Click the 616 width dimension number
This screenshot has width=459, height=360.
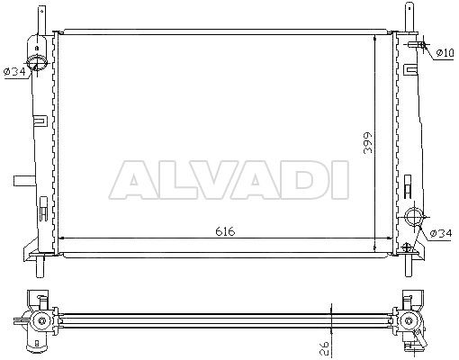[225, 231]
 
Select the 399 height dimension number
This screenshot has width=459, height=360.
[368, 142]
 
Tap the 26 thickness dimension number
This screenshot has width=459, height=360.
[325, 348]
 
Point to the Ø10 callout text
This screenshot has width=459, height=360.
[445, 53]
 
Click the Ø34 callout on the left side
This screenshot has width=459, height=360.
[14, 71]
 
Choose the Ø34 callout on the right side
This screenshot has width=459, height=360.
[440, 233]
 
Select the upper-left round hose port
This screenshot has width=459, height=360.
[37, 62]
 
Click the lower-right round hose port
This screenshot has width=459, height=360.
[414, 217]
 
